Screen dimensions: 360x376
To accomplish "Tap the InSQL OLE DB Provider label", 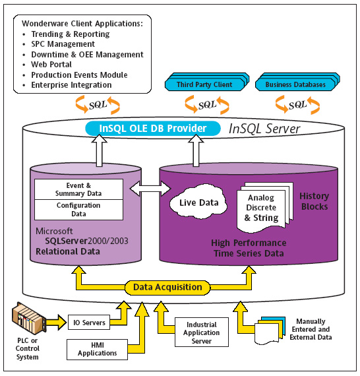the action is (x=153, y=128).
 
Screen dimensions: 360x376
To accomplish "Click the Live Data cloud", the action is (x=198, y=202).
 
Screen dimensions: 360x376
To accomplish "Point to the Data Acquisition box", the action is (x=167, y=287).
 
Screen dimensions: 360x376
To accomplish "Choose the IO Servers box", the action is (x=89, y=323).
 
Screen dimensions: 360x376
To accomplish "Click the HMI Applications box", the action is (x=97, y=350).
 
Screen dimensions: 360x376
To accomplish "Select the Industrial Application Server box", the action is (x=202, y=332).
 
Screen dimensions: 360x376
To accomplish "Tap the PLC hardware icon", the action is (x=29, y=318).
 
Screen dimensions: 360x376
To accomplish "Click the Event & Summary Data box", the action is (x=78, y=189).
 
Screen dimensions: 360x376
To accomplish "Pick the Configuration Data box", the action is (x=78, y=210).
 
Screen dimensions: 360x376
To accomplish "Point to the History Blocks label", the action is (x=315, y=201).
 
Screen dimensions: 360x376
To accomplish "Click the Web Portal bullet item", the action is (x=51, y=65).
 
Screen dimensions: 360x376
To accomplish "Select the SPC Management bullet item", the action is (x=63, y=44).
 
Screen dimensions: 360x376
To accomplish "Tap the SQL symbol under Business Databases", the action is (x=297, y=105).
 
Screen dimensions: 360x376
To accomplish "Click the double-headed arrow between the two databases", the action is (x=150, y=189).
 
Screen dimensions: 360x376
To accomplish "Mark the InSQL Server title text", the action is (x=264, y=129).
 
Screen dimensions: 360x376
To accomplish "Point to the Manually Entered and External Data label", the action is (x=311, y=329).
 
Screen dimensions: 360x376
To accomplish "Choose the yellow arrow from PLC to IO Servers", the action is (x=57, y=322).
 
